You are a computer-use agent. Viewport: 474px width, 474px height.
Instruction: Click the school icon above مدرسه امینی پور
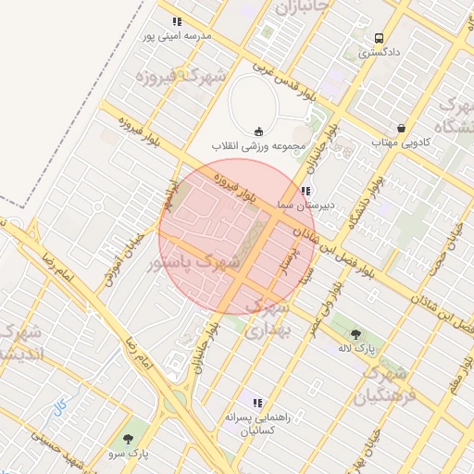[177, 21]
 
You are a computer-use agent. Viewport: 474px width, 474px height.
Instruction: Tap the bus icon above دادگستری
[379, 38]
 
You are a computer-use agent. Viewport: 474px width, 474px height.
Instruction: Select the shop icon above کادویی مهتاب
[400, 128]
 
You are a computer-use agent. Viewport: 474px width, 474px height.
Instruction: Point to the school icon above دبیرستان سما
[305, 190]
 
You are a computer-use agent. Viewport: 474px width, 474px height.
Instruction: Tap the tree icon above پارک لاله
[355, 333]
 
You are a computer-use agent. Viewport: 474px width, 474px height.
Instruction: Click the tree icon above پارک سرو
[128, 439]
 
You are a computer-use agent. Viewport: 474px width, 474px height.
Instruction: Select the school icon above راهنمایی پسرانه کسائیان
[257, 403]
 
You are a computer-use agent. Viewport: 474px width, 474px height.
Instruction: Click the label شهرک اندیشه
[20, 343]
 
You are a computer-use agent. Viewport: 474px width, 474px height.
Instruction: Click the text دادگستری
[379, 54]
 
